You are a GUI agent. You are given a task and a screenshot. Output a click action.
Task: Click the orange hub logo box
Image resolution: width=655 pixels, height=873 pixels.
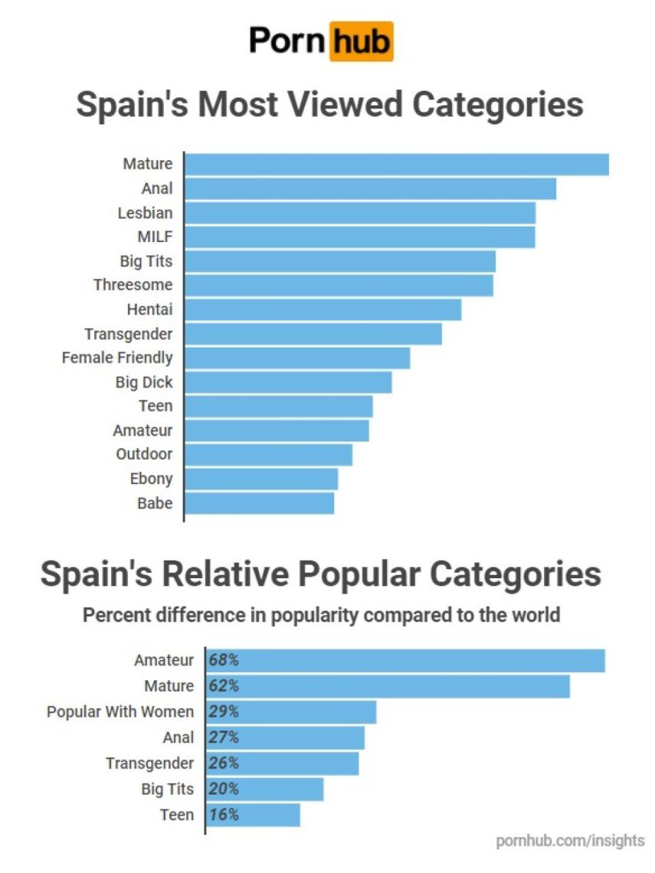click(x=361, y=41)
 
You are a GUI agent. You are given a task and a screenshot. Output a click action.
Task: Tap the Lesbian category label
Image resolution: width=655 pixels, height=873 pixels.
click(x=145, y=212)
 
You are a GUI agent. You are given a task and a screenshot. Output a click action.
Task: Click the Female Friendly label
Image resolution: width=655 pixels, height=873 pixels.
click(x=117, y=357)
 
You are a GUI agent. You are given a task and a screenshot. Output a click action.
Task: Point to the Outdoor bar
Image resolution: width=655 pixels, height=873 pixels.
click(x=269, y=454)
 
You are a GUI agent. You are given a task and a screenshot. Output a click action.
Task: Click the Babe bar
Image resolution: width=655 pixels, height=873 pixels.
click(x=260, y=503)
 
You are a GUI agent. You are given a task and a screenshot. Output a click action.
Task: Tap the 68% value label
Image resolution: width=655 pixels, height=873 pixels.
click(x=224, y=660)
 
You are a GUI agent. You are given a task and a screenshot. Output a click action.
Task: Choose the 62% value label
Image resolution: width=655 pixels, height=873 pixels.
click(x=224, y=685)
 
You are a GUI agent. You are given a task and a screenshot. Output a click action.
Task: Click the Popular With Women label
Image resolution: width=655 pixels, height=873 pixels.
click(x=120, y=711)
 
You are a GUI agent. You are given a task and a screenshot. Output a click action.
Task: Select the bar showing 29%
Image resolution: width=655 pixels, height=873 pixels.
click(x=291, y=711)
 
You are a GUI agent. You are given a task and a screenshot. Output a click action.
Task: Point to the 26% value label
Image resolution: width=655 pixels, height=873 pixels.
click(x=224, y=763)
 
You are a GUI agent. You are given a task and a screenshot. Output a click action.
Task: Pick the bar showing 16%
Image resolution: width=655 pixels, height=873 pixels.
click(x=253, y=815)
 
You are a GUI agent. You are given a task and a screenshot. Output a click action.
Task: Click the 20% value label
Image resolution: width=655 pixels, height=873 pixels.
click(x=224, y=789)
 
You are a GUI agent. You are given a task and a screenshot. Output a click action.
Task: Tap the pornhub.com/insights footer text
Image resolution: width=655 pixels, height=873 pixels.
click(x=570, y=841)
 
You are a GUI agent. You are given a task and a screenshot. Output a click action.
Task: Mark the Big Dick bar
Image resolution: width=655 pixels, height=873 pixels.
click(x=288, y=381)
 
